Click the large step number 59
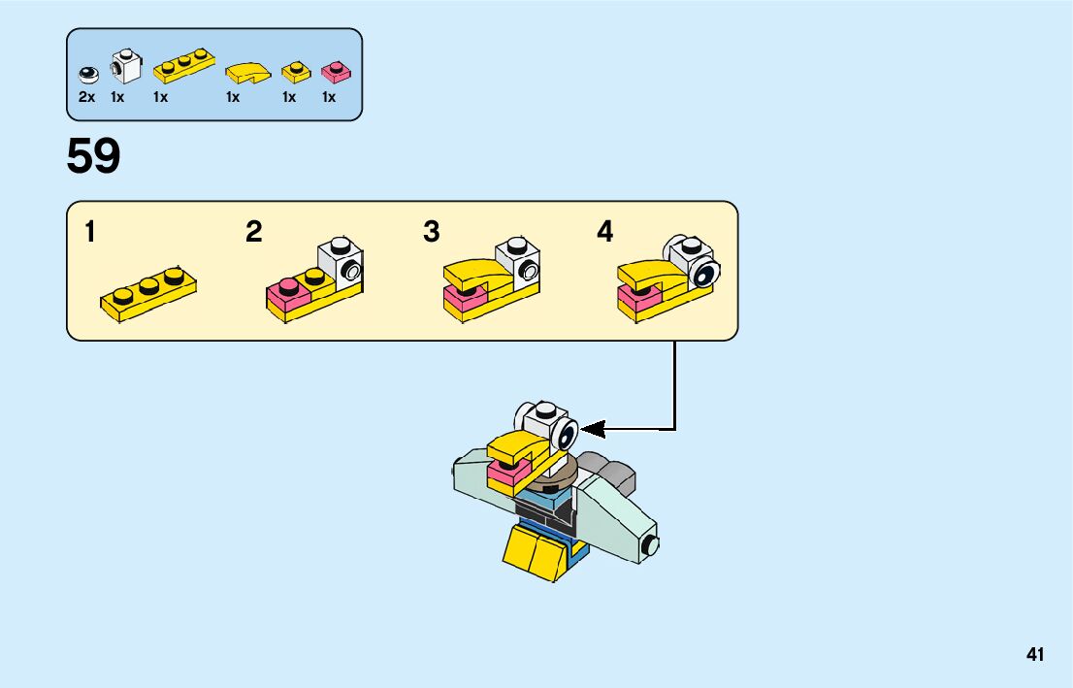pos(93,157)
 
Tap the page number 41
pos(1035,654)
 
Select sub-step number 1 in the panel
pos(90,233)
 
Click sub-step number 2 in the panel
pos(253,233)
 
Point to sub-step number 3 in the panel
pos(432,233)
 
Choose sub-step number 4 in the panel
pos(605,233)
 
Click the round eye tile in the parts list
pos(87,73)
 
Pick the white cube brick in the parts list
pos(125,66)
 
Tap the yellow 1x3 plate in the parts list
pos(184,64)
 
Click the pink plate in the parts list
pos(336,72)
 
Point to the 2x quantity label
pos(86,97)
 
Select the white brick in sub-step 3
pos(518,260)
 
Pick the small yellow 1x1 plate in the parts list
pos(296,72)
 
